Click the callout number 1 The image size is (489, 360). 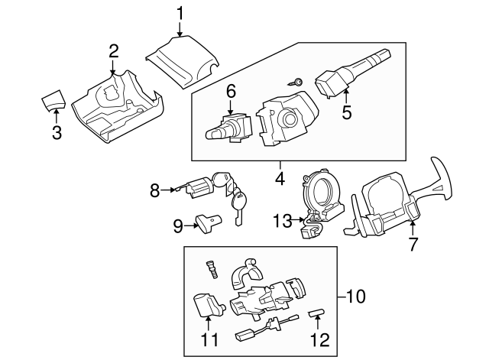click(x=180, y=12)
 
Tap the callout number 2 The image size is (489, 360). click(x=113, y=51)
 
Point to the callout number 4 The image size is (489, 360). click(x=280, y=180)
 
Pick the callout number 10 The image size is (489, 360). click(x=353, y=294)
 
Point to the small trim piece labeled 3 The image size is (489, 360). click(x=53, y=99)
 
